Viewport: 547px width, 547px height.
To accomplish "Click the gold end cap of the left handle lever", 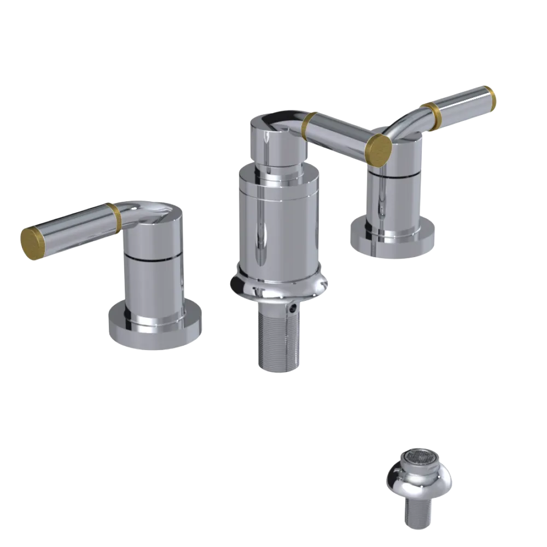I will (32, 241).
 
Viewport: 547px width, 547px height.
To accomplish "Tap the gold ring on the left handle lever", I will (114, 218).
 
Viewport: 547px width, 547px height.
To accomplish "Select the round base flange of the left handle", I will (154, 330).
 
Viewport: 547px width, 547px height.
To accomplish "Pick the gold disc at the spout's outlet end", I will (379, 148).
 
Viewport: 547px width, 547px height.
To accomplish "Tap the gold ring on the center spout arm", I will (310, 126).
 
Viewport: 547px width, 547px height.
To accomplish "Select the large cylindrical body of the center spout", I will (277, 224).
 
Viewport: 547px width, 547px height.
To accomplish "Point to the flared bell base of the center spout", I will (279, 287).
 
